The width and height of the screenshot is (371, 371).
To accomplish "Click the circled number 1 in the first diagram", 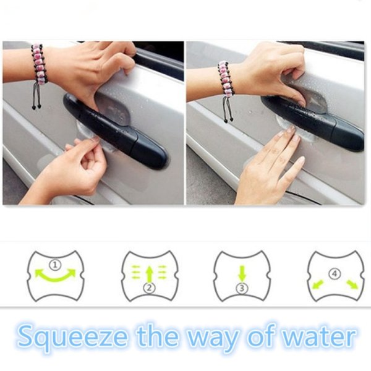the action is [x=55, y=265].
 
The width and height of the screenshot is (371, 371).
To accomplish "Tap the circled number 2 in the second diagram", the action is [x=150, y=288].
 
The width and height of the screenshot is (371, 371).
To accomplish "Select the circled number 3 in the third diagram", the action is [x=242, y=288].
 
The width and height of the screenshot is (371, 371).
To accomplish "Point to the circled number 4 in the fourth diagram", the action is [x=335, y=274].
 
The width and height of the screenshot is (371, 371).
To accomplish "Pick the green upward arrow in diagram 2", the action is [x=149, y=274].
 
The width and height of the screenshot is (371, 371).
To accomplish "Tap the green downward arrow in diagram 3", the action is [x=242, y=274].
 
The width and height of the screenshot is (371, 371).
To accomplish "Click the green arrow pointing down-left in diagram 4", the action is [x=318, y=284].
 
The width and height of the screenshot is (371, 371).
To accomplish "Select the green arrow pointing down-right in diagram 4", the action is [x=352, y=284].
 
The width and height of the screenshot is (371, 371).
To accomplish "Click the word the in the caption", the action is [x=157, y=335].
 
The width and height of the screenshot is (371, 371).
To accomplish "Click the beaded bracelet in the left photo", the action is [x=39, y=71].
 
